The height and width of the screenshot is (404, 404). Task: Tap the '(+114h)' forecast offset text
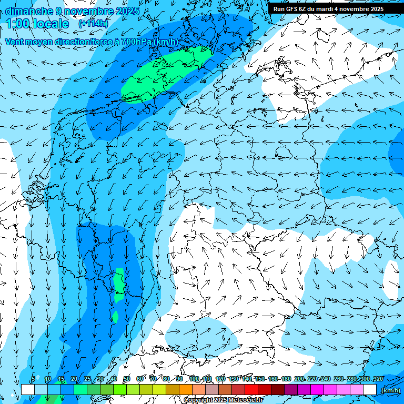[x=93, y=24]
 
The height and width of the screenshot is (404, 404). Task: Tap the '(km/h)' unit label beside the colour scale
[x=390, y=390]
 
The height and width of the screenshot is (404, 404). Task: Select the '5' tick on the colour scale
[x=33, y=379]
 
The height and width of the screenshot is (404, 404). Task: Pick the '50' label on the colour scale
[x=127, y=379]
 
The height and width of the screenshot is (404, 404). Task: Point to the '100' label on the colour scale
[x=194, y=379]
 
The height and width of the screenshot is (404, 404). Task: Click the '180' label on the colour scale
[x=286, y=379]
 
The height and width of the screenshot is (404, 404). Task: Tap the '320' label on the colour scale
[x=378, y=379]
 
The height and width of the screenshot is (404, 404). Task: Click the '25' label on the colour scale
[x=87, y=379]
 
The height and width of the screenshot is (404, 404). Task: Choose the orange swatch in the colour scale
[x=186, y=390]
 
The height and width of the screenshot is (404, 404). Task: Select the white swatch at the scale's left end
[x=28, y=390]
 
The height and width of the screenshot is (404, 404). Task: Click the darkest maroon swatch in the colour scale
[x=278, y=390]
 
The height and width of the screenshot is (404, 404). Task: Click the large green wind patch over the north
[x=163, y=74]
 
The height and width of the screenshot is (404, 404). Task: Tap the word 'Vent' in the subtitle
[x=15, y=42]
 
